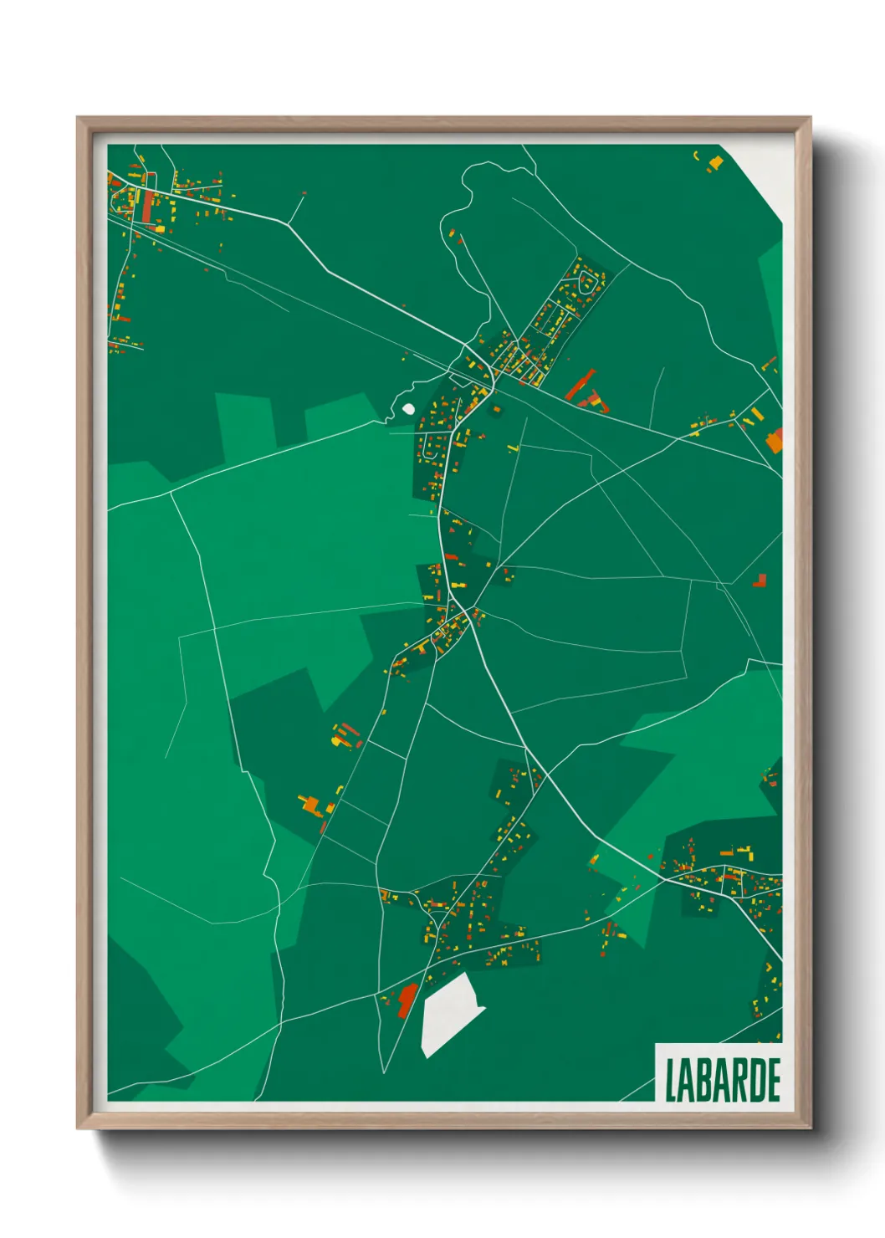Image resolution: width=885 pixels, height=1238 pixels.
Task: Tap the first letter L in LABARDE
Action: coord(671,1080)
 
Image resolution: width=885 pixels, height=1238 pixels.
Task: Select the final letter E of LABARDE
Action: coord(774,1080)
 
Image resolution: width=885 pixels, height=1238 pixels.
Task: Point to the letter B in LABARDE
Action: coord(705,1080)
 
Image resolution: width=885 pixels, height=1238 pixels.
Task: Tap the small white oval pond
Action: coord(408,409)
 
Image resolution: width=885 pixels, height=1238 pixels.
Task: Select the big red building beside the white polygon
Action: coord(407,1000)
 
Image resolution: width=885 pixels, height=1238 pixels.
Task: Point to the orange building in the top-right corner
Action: coord(716,161)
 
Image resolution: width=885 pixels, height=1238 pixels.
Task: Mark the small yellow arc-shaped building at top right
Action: coord(696,154)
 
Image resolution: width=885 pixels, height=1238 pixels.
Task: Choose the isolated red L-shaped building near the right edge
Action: coord(760,580)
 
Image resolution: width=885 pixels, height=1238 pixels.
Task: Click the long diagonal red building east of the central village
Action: coord(579,385)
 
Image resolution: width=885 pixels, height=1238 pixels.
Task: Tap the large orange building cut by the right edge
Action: coord(775,440)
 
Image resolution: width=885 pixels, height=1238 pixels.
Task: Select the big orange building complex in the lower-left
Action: coord(313,805)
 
